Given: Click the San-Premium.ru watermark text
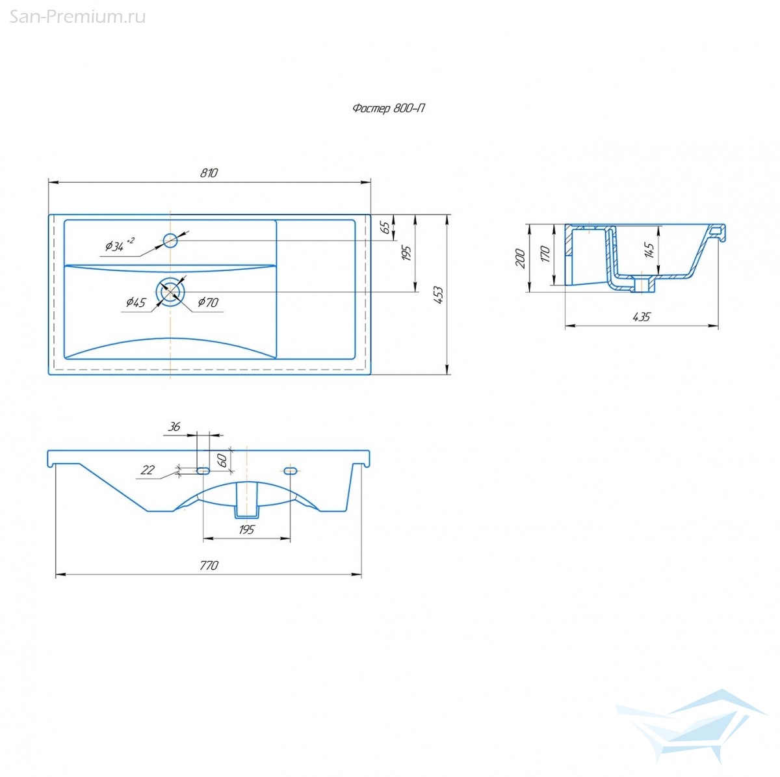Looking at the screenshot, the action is [77, 17].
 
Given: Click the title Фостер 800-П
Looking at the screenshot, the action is [388, 108].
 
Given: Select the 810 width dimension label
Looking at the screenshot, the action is [209, 173].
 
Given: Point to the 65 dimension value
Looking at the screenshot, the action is [387, 228].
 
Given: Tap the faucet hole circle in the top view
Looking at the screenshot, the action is [170, 241].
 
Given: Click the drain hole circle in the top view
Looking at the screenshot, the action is [170, 291].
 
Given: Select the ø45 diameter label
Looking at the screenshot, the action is [136, 302].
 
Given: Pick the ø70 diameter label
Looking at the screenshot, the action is [208, 302].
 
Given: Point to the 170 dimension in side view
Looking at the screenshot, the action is [545, 254].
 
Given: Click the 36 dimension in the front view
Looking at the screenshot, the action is [174, 427].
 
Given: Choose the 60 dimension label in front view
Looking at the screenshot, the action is [222, 460].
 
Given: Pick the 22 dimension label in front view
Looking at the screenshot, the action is [148, 469].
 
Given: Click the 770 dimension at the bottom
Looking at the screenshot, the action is [209, 565].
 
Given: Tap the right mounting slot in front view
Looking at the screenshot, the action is [291, 471].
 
